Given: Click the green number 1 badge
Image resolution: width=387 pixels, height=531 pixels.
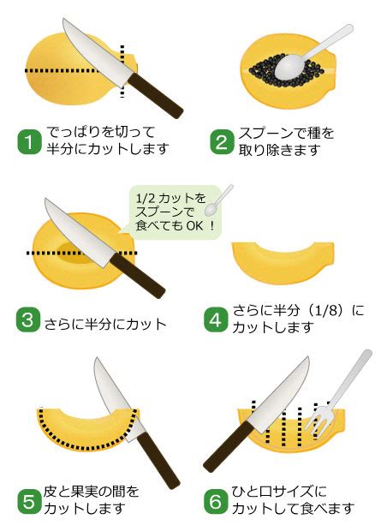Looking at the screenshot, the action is click(29, 141).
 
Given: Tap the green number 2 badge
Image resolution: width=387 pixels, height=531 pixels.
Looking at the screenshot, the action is click(222, 142).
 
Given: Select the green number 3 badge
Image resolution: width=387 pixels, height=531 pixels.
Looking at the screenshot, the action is click(28, 320).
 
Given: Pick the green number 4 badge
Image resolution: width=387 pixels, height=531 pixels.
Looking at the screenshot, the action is click(216, 320).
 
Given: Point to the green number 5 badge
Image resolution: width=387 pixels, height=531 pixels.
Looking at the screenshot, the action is click(29, 501).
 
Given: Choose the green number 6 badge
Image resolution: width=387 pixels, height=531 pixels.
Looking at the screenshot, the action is click(216, 501).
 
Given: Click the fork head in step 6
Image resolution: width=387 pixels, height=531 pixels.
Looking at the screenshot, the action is click(319, 421).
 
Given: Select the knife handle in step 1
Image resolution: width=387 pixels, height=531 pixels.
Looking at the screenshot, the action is click(155, 96).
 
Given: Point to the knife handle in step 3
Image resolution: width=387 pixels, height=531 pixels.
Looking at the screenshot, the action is click(138, 275).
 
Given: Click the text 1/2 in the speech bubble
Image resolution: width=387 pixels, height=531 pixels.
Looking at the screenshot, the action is click(144, 198).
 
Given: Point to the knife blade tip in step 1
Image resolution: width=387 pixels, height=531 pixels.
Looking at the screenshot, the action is click(63, 19).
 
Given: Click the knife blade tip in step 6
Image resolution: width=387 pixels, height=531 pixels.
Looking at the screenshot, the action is click(308, 356).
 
